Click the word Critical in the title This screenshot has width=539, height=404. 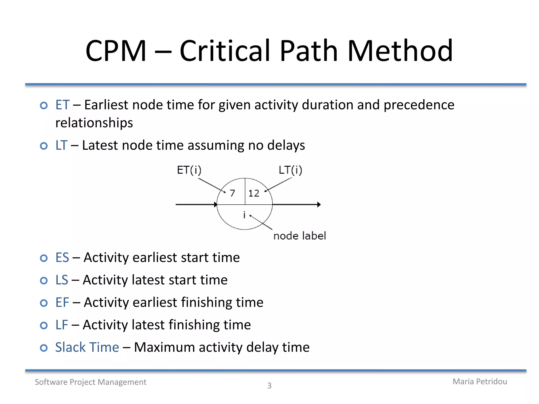(x=225, y=50)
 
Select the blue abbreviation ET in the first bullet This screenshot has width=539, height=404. (x=62, y=105)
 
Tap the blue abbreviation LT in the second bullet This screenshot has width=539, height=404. (x=61, y=145)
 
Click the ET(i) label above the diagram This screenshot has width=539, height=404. (x=189, y=170)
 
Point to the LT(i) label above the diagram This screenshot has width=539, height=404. (x=290, y=170)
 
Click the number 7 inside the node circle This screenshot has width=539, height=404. (x=232, y=193)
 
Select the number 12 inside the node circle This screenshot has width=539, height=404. (x=254, y=193)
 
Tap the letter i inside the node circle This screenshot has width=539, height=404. (x=244, y=215)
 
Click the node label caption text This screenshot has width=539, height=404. (x=300, y=236)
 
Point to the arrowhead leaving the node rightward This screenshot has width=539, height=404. (x=319, y=205)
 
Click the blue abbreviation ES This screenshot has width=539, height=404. (x=62, y=257)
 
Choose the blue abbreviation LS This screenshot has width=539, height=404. (x=62, y=280)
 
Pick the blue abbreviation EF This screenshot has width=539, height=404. (x=62, y=302)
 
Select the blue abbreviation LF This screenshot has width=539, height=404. (x=62, y=325)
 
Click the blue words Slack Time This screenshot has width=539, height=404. (x=87, y=347)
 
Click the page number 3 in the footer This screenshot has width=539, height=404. (x=269, y=386)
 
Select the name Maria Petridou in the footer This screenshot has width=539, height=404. (x=480, y=381)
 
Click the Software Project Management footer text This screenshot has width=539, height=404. (x=91, y=382)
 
